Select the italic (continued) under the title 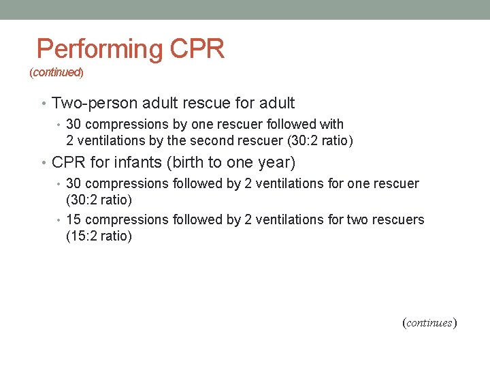pos(56,72)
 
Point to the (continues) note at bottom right pos(429,322)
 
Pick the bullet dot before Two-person pos(44,104)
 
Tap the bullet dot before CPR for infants pos(44,163)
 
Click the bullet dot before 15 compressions pos(59,219)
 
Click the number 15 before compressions pos(74,219)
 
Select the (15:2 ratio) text pos(99,236)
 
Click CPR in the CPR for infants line pos(67,163)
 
